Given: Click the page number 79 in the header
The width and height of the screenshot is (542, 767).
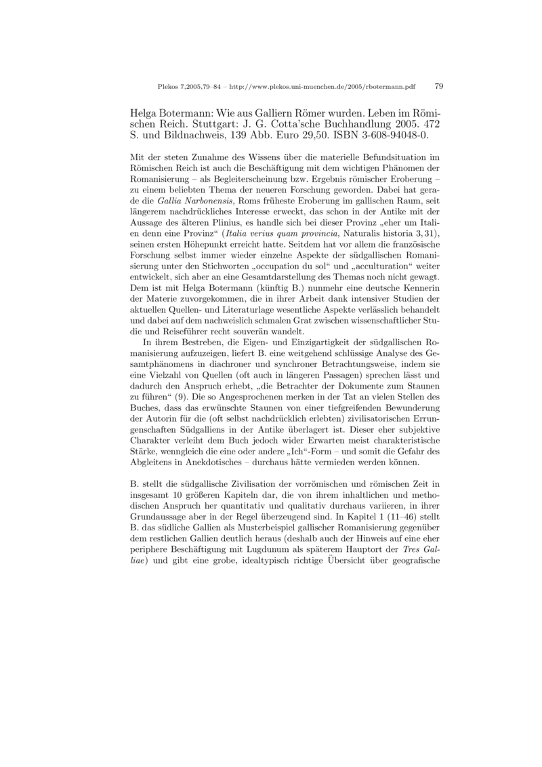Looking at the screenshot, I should click(x=438, y=87).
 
